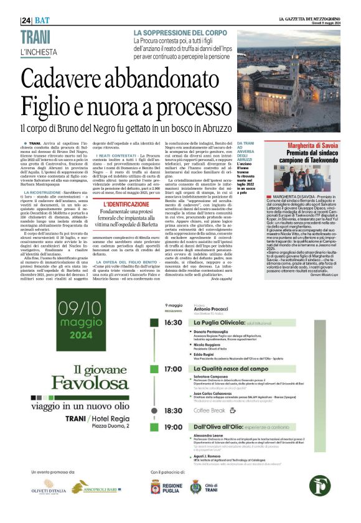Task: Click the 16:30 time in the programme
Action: pyautogui.click(x=173, y=323)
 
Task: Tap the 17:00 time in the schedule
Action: pyautogui.click(x=173, y=369)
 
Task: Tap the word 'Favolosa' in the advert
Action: pyautogui.click(x=79, y=381)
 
